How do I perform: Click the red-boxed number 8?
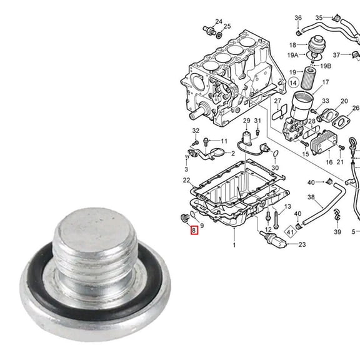(194, 231)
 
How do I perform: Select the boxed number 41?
(290, 231)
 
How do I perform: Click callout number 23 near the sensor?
(302, 244)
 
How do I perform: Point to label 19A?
(293, 55)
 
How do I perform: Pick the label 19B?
(326, 66)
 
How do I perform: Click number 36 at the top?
(298, 17)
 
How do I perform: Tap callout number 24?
(218, 21)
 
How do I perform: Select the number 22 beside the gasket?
(186, 180)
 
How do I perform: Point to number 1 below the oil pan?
(234, 246)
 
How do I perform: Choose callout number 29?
(246, 120)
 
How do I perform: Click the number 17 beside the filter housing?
(326, 82)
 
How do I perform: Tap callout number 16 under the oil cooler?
(329, 162)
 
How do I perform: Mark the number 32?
(196, 131)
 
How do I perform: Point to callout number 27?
(277, 101)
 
